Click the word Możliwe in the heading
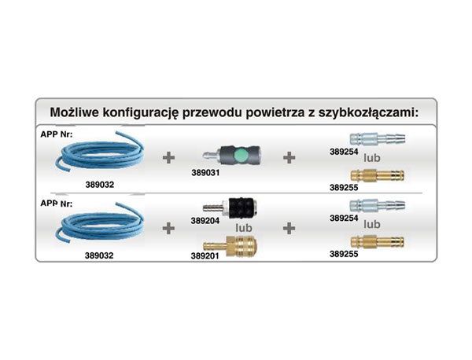75,112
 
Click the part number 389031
205,173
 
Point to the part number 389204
205,221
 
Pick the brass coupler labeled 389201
230,246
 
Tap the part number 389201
205,256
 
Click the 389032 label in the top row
100,185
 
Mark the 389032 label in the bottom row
99,255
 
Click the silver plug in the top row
378,139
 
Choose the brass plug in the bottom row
378,242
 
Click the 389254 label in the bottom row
344,218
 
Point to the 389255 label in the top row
344,188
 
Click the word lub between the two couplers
244,228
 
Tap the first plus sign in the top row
168,157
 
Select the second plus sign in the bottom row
289,228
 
